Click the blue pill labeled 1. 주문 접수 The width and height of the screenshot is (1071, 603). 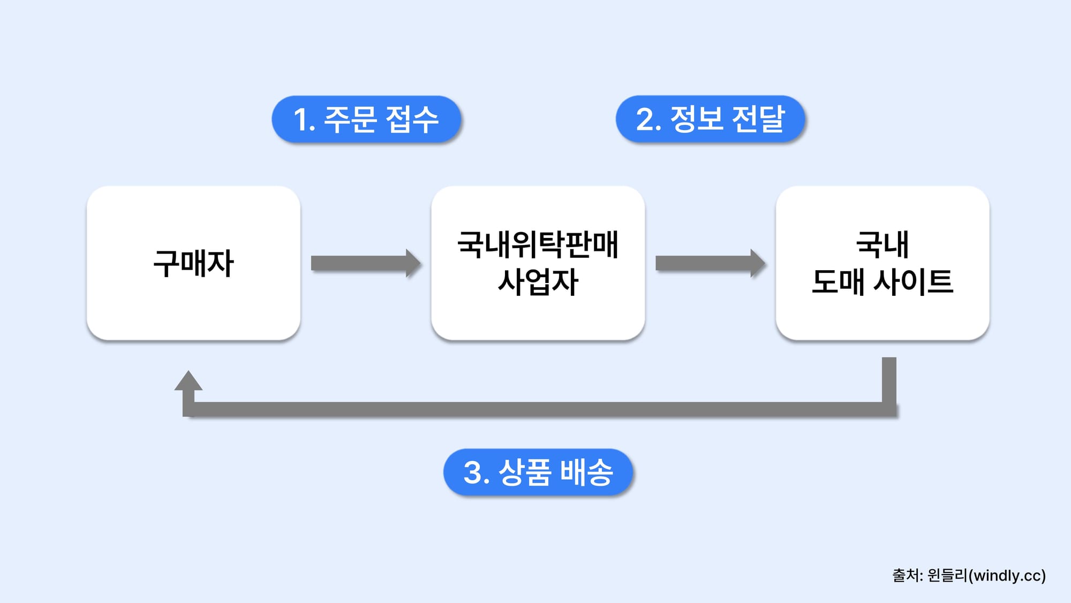366,119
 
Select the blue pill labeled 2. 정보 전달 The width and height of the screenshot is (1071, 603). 710,119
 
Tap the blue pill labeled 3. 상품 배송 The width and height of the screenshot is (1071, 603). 538,472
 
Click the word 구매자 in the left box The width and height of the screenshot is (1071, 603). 193,263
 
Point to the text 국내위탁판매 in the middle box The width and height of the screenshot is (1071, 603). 538,244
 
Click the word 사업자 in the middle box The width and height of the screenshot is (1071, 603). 538,282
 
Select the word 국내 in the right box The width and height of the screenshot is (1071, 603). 883,244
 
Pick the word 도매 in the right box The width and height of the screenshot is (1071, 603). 838,282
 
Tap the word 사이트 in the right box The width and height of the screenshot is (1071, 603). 914,282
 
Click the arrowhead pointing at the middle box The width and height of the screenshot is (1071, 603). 413,263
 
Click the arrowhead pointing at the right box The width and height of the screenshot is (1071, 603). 757,263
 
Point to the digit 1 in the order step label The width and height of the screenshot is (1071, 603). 300,120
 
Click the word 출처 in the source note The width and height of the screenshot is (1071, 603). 905,576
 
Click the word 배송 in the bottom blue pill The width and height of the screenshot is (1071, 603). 586,472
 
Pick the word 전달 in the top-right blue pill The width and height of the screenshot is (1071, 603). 758,119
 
